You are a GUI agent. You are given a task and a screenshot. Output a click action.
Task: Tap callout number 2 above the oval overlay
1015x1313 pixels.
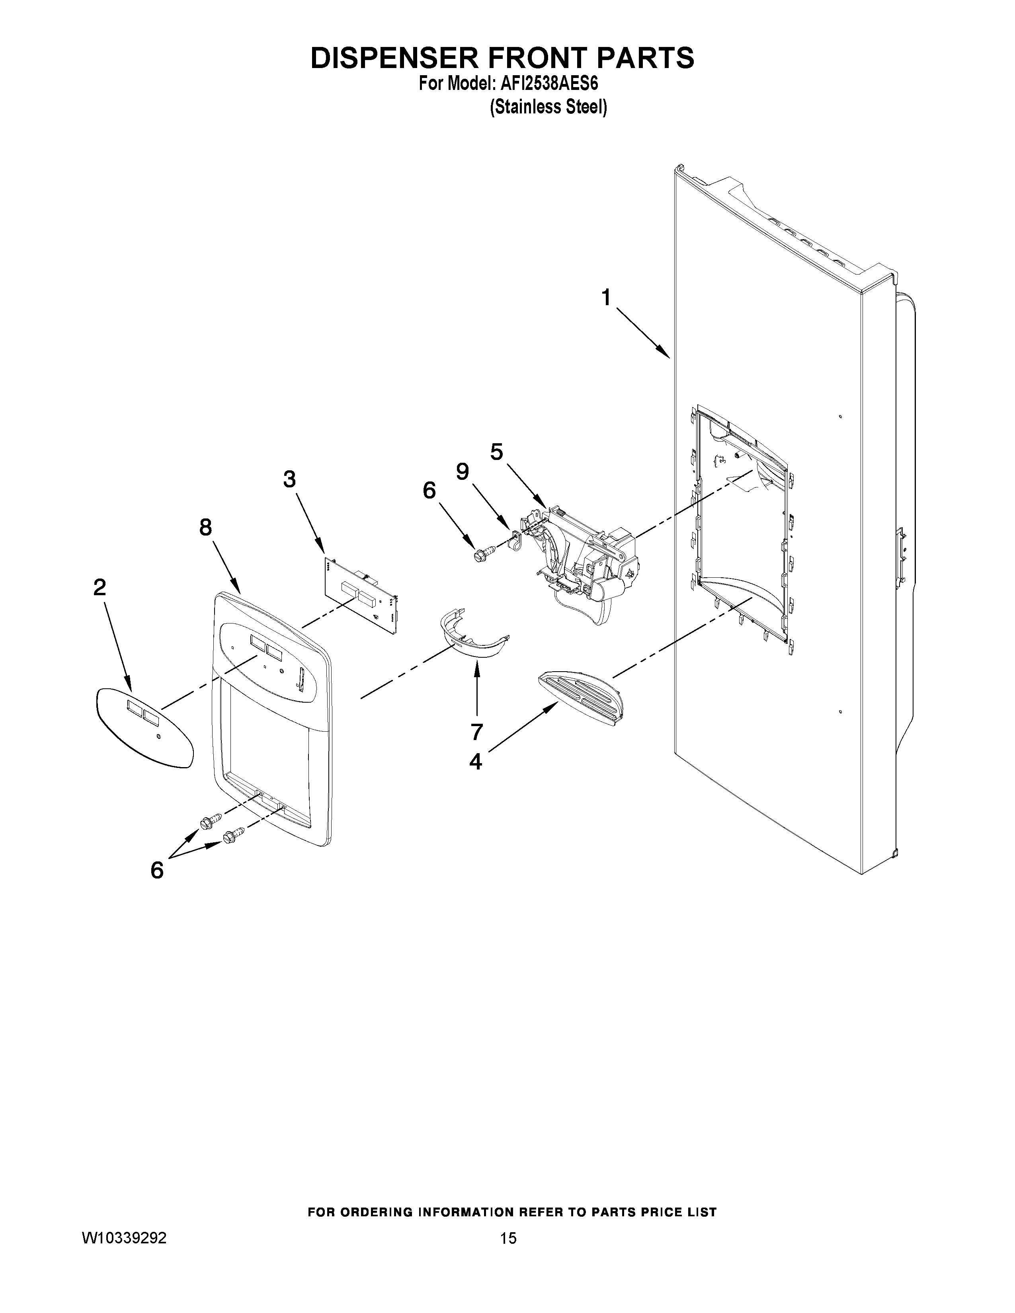(100, 587)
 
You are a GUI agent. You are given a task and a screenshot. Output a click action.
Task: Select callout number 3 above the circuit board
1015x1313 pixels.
(289, 479)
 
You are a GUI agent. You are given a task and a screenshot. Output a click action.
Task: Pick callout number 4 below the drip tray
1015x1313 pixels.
(476, 762)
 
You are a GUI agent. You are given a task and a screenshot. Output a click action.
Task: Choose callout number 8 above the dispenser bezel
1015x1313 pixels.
(206, 527)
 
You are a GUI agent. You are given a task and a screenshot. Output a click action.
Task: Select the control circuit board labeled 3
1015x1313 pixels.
(361, 595)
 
